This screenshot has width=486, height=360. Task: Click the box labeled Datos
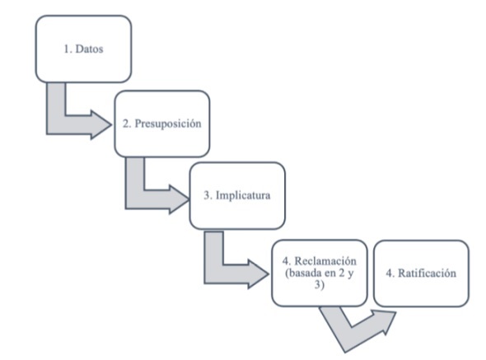(83, 48)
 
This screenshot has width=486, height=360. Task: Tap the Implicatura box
(237, 195)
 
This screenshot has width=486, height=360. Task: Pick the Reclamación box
(318, 272)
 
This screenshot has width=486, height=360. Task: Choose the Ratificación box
(421, 272)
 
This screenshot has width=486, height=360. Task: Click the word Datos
(88, 48)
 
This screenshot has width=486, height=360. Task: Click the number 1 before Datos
(66, 48)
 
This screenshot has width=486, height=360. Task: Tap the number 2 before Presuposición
(125, 124)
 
